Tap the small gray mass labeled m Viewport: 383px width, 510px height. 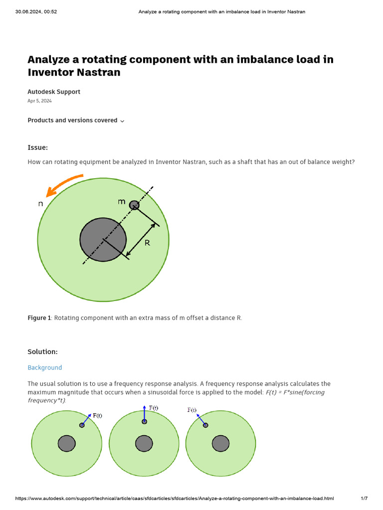click(134, 205)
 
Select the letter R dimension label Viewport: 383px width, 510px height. click(147, 243)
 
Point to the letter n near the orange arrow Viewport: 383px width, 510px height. click(41, 203)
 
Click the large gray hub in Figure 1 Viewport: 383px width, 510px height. click(103, 240)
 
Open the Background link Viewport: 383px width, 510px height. click(45, 368)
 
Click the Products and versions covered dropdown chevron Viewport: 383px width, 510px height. click(122, 121)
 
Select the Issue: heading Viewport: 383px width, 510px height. click(38, 147)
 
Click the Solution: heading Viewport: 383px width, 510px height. click(42, 352)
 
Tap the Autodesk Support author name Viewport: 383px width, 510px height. click(54, 92)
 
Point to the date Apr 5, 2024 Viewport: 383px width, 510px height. click(39, 101)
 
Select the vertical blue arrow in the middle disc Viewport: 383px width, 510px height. click(144, 413)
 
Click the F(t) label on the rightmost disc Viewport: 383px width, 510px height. click(192, 410)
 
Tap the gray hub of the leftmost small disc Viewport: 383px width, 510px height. click(67, 443)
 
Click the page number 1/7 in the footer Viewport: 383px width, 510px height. click(364, 499)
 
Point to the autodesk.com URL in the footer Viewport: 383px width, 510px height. click(175, 499)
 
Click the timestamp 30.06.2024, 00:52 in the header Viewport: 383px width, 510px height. click(36, 11)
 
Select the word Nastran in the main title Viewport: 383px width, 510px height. click(100, 73)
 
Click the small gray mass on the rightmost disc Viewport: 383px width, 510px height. click(205, 425)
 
